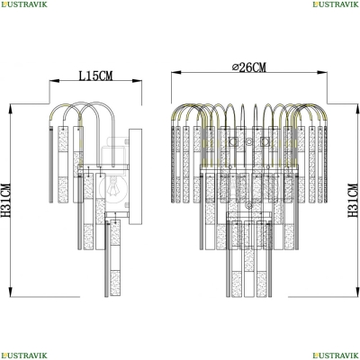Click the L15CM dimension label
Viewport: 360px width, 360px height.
pos(95,76)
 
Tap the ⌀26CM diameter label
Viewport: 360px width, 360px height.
pos(249,67)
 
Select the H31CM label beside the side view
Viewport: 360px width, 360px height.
pos(5,200)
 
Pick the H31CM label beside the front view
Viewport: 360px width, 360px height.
pos(353,200)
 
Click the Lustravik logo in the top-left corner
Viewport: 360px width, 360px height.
pos(23,4)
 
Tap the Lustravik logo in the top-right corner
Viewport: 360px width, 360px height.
pos(336,4)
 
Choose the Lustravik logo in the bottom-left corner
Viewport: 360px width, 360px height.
pos(23,355)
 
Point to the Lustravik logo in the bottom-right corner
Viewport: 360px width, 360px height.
pos(336,355)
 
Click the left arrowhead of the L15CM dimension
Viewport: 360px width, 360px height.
pos(55,81)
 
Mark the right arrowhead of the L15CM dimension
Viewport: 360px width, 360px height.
pos(137,81)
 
